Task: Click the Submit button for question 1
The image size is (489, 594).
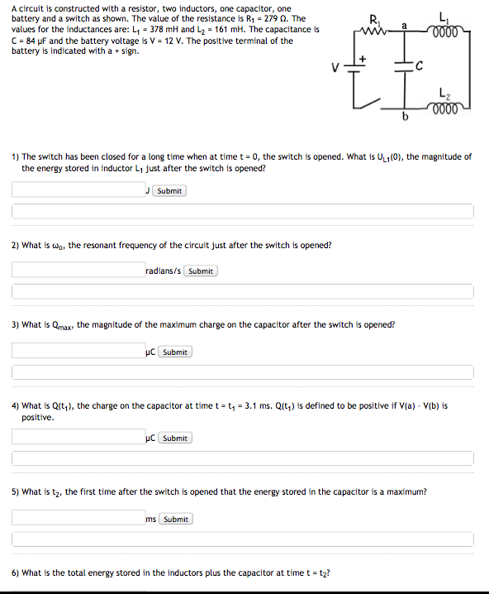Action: [169, 191]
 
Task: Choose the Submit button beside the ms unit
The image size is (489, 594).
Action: [175, 520]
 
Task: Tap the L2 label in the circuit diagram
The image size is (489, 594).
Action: [446, 93]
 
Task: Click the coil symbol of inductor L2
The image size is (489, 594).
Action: [446, 107]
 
